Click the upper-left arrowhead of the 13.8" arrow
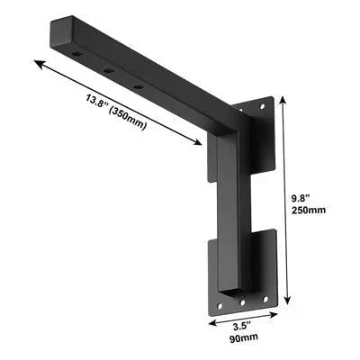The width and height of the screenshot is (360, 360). coord(36,61)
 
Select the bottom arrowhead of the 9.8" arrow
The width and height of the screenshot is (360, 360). coord(286,304)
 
